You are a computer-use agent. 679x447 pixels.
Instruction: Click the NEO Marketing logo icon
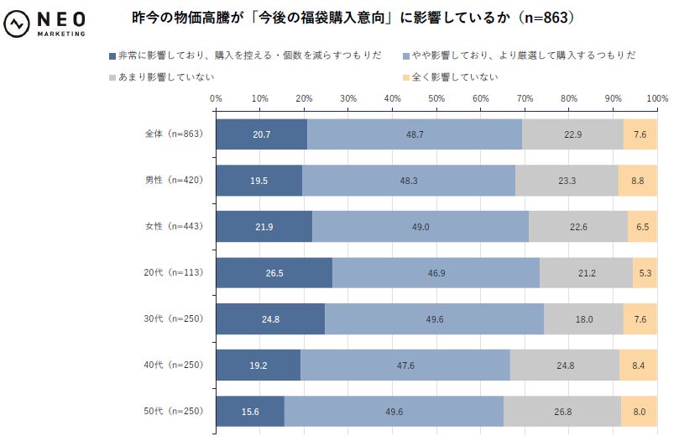[x=18, y=24]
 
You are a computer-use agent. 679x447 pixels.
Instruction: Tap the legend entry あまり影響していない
[x=164, y=77]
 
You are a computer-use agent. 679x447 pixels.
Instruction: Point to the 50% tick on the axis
[x=436, y=98]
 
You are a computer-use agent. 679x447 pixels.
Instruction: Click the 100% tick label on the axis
[x=656, y=98]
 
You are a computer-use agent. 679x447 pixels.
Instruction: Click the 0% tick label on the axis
[x=216, y=98]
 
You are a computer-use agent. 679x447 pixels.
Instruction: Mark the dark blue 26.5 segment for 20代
[x=274, y=273]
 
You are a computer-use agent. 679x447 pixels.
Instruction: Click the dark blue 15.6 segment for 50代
[x=250, y=412]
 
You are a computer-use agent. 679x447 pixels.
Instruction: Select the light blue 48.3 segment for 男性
[x=409, y=181]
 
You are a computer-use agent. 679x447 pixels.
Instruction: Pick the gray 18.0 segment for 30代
[x=583, y=319]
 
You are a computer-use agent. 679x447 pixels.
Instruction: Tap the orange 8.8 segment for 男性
[x=637, y=181]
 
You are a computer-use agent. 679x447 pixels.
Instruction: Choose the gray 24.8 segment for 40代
[x=564, y=365]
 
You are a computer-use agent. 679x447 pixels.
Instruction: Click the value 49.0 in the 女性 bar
[x=420, y=227]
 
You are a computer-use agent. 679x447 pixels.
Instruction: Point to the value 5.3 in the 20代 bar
[x=645, y=273]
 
